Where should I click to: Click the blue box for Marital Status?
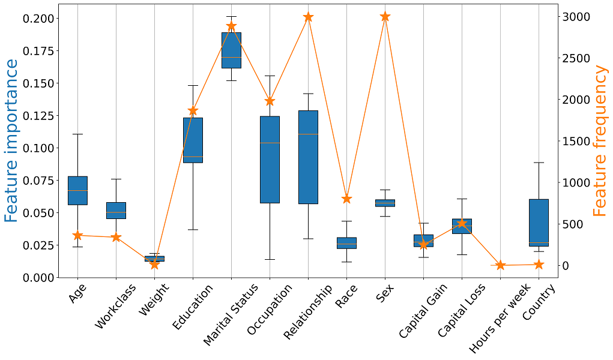(x=231, y=50)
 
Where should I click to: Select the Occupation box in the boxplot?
(x=270, y=160)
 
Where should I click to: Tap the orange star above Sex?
(x=385, y=16)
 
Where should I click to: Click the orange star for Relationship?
(x=309, y=17)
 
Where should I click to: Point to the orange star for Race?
(x=347, y=199)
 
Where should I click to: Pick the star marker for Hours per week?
(x=500, y=265)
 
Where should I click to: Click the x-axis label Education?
(x=193, y=307)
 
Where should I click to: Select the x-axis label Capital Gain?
(x=423, y=311)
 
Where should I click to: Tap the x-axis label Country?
(x=539, y=302)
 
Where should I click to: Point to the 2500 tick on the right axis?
(x=576, y=58)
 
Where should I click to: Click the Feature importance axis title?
(x=11, y=141)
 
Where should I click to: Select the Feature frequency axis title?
(x=600, y=141)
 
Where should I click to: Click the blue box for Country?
(x=539, y=223)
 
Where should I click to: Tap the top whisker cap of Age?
(x=77, y=134)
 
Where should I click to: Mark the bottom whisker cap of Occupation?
(x=270, y=260)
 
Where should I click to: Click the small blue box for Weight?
(x=154, y=259)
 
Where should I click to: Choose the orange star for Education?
(x=193, y=110)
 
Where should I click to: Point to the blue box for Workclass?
(x=116, y=211)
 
